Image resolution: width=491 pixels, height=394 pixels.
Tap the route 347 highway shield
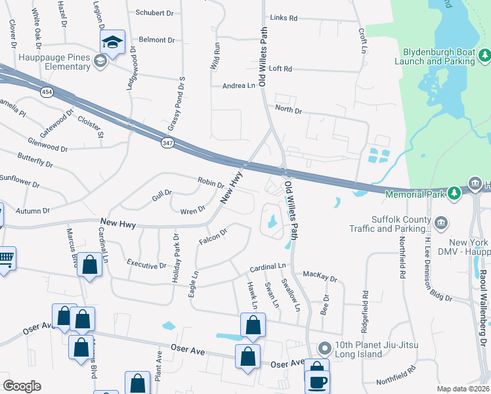coord(168,142)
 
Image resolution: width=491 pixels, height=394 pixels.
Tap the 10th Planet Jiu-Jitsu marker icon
coord(324,347)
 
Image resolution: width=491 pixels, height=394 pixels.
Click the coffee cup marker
coord(318,381)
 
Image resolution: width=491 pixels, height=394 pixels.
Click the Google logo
coord(22,386)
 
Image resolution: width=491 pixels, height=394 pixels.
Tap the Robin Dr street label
coord(211,182)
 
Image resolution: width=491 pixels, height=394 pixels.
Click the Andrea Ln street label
coord(238,85)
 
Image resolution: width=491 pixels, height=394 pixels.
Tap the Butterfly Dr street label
coord(35,159)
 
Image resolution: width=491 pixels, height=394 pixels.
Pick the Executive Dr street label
coord(146,265)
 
